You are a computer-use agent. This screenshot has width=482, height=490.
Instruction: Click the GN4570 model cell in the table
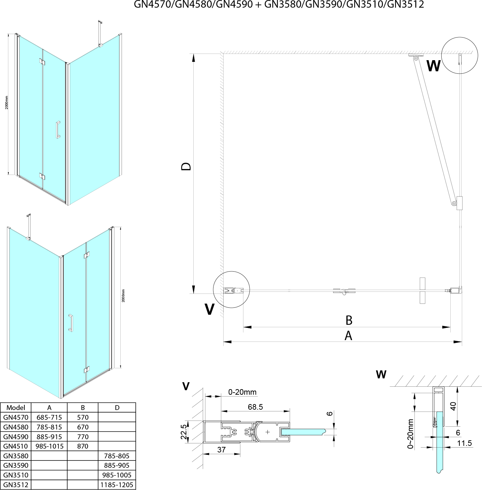(x=16, y=417)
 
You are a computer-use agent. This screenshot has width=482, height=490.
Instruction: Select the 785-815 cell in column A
(x=49, y=427)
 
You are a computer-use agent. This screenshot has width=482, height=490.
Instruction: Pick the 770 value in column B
(x=82, y=437)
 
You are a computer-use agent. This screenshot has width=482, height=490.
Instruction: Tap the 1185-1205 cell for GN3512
(x=117, y=485)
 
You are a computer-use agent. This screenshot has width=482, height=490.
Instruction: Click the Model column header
(x=16, y=408)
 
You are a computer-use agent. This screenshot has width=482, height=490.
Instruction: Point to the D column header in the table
(x=117, y=408)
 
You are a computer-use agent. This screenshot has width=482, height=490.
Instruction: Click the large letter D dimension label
(x=186, y=166)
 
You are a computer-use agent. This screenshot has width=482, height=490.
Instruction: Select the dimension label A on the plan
(x=348, y=336)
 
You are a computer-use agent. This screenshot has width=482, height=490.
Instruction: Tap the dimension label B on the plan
(x=349, y=320)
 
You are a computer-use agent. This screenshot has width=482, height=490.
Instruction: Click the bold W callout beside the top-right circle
(x=433, y=66)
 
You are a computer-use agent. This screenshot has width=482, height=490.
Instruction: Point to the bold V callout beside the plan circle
(x=209, y=309)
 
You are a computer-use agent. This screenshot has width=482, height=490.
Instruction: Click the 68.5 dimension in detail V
(x=255, y=407)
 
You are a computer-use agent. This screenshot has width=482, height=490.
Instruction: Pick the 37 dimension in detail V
(x=221, y=450)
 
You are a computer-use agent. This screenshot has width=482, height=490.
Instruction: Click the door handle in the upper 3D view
(x=58, y=130)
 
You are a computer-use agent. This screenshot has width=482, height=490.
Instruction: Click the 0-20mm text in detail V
(x=242, y=392)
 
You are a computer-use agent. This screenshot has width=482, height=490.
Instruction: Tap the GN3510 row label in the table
(x=16, y=475)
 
